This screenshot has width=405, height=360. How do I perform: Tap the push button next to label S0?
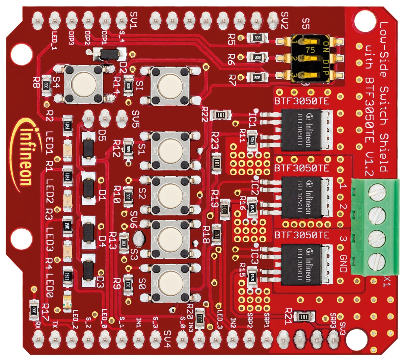tap(170, 283)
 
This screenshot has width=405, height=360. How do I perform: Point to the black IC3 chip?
tap(300, 264)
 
